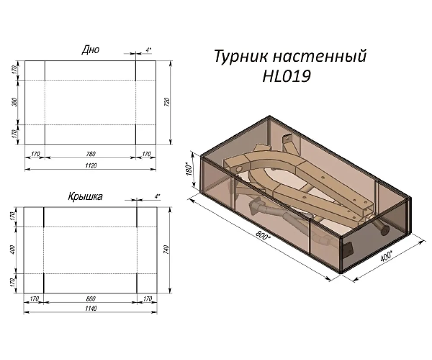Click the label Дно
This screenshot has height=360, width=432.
(x=91, y=50)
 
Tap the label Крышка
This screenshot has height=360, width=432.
(x=86, y=197)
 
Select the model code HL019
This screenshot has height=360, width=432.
(x=286, y=76)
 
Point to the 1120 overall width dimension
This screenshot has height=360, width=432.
(x=91, y=166)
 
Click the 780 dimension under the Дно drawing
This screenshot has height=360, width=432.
(x=91, y=154)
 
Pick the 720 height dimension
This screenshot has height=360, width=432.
(x=167, y=102)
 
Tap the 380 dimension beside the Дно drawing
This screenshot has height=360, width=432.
(x=15, y=102)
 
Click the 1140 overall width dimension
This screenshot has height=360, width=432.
(x=91, y=308)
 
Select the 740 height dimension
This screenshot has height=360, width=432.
(x=166, y=250)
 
